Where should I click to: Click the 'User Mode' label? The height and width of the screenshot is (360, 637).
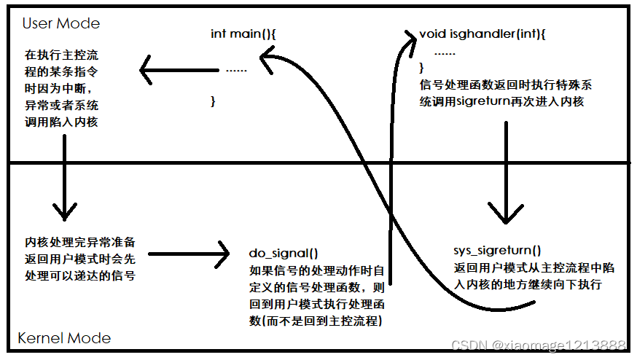(x=60, y=23)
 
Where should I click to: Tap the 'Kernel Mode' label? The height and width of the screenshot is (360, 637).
(x=64, y=337)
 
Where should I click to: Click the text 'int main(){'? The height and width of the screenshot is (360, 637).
(x=242, y=34)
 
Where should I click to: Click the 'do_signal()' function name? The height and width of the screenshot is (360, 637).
(x=284, y=253)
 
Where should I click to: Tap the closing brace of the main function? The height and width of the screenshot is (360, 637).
(x=213, y=101)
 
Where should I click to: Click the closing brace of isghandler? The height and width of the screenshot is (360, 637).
(x=421, y=68)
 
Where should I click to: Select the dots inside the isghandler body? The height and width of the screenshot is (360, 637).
(x=445, y=52)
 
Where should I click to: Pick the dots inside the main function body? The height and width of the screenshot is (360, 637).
(x=236, y=71)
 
